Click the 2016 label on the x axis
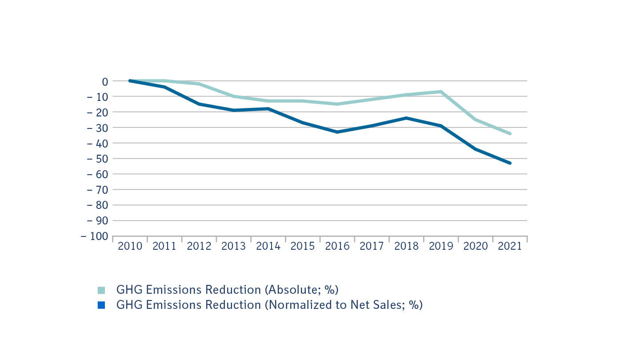point(337,246)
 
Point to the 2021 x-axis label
point(510,246)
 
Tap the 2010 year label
point(130,246)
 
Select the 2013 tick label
point(233,246)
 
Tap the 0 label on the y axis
point(105,81)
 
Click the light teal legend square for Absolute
point(101,290)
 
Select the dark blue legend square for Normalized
point(101,305)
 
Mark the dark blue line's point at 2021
point(510,163)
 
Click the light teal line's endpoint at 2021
point(510,133)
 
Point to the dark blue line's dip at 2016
point(337,132)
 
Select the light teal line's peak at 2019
point(441,92)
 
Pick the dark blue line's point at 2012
point(199,104)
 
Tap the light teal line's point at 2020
point(476,120)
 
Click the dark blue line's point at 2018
point(406,118)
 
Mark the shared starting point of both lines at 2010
point(130,81)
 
